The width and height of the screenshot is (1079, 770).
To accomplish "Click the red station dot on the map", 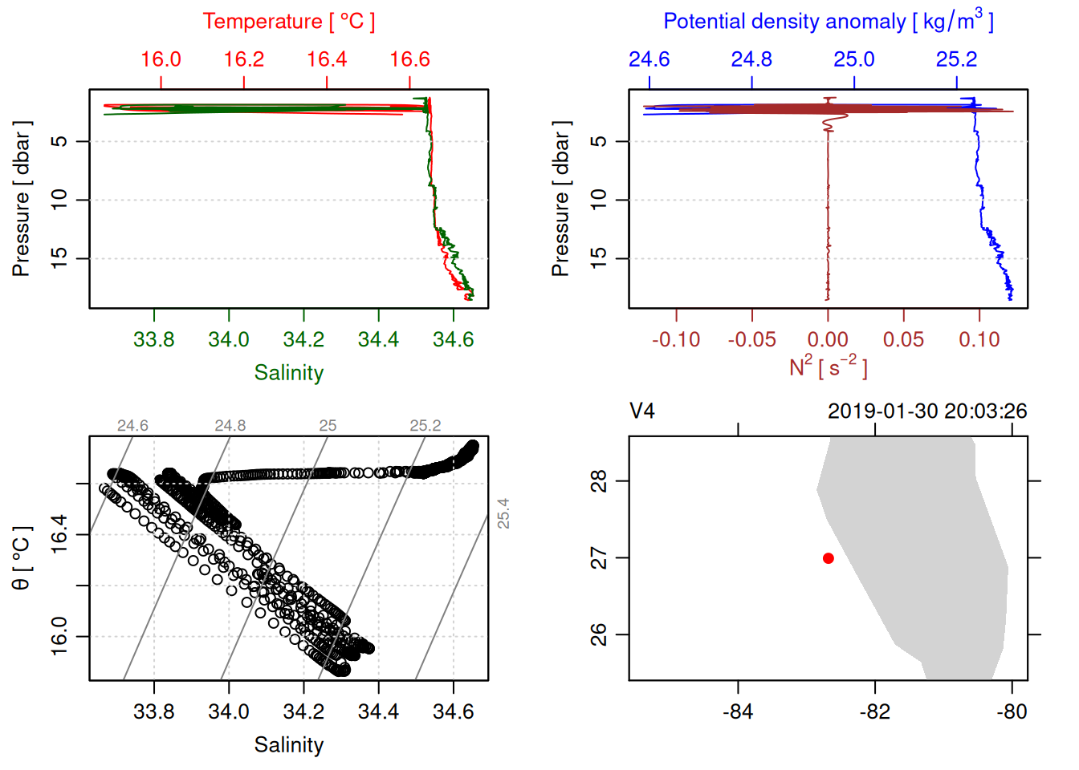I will [x=828, y=558].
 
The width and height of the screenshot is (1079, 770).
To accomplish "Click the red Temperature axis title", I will [x=288, y=22].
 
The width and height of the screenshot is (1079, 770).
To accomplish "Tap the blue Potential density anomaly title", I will [x=828, y=22].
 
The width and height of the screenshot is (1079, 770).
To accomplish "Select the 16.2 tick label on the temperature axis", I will [x=244, y=59].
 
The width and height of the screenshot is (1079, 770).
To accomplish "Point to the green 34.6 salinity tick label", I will [x=453, y=340].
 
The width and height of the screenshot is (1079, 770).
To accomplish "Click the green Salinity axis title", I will [x=288, y=373].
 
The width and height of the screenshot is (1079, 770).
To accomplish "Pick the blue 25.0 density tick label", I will [x=853, y=59].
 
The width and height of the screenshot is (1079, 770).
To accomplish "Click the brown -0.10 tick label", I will [x=676, y=340].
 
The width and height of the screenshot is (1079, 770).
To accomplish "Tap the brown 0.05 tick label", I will [x=903, y=340].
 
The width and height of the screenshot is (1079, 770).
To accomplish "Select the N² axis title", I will [x=828, y=367].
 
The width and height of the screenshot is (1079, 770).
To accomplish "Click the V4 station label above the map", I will [x=642, y=411].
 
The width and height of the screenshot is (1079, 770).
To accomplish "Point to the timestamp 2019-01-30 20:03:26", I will [x=927, y=411].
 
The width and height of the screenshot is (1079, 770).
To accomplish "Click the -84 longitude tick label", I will [x=738, y=712].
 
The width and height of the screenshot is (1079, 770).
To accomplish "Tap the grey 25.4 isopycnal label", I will [x=503, y=513].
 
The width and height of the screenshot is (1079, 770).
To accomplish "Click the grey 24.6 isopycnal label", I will [x=132, y=426].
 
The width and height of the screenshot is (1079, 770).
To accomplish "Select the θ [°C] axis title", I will [x=22, y=558].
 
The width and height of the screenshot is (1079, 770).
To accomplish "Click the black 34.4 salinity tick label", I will [x=378, y=712].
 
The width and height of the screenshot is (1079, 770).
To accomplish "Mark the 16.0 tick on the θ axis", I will [x=59, y=636].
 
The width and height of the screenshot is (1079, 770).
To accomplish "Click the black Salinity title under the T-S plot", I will [x=288, y=745].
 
